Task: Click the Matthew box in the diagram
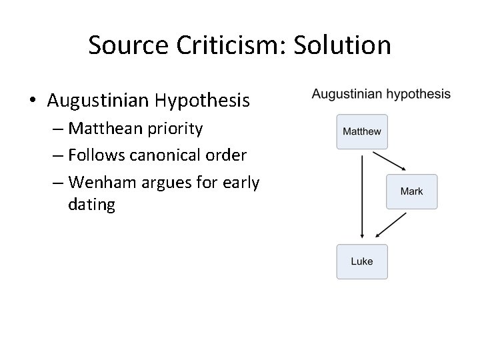click(362, 131)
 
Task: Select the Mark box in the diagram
click(411, 191)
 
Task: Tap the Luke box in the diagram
click(362, 261)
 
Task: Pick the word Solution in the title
click(349, 45)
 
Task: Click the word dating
click(91, 205)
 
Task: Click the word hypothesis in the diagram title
click(417, 95)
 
